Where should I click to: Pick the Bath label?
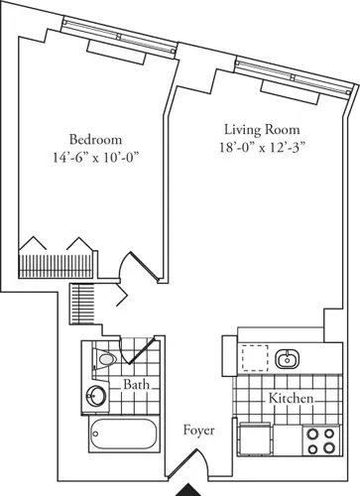pyautogui.click(x=136, y=384)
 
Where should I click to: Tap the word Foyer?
pyautogui.click(x=198, y=431)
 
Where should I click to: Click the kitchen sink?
pyautogui.click(x=289, y=357)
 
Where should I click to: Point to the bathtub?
pyautogui.click(x=123, y=433)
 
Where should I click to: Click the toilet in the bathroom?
pyautogui.click(x=106, y=357)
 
